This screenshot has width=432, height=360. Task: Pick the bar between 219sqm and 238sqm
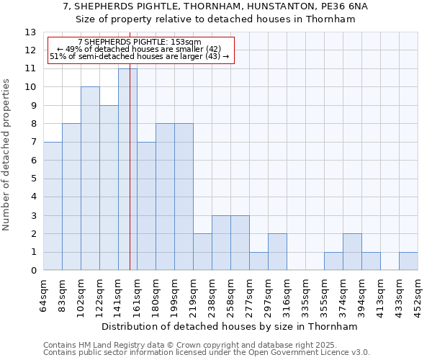coord(202,252)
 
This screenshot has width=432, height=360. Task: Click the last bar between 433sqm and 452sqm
coord(408,261)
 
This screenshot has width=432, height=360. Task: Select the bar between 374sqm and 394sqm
coord(352,252)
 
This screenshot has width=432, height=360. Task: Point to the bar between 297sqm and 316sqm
coord(277,252)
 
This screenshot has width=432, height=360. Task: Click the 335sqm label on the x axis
coord(306,294)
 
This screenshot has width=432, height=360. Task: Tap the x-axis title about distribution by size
coord(230,326)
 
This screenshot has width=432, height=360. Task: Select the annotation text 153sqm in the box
coord(190,42)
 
